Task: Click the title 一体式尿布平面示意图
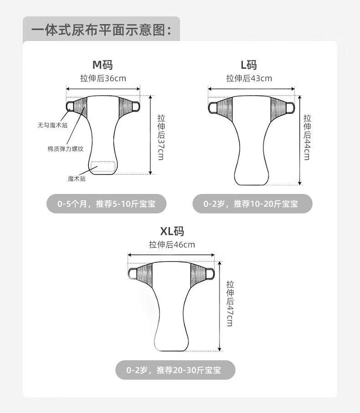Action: tap(101, 30)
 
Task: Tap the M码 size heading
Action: tap(103, 65)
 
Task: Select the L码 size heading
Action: tap(249, 65)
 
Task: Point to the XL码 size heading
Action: tap(172, 231)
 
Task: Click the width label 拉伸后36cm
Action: tap(103, 78)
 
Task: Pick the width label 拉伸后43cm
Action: tap(249, 78)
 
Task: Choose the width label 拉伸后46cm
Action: tap(172, 245)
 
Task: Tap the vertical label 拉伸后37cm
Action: tap(161, 137)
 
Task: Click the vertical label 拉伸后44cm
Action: tap(307, 137)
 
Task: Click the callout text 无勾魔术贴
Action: tap(52, 125)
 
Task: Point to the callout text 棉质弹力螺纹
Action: tap(66, 149)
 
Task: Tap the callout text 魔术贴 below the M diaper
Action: tap(77, 178)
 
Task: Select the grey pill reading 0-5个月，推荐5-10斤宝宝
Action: tap(107, 204)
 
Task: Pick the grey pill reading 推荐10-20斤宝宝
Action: tap(252, 204)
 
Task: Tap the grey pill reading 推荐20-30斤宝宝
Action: tap(175, 370)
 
